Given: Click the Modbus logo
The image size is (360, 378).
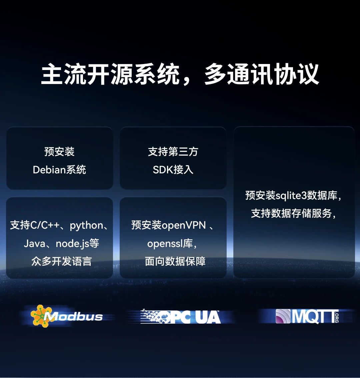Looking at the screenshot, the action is [x=67, y=316].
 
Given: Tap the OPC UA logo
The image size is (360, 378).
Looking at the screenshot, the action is [x=180, y=316].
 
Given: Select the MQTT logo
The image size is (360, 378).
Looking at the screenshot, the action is [x=307, y=316].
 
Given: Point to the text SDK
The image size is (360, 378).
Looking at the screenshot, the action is [x=163, y=170].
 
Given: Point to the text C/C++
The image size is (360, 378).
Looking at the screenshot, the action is [x=45, y=225].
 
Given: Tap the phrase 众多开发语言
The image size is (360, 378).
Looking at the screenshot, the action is [x=61, y=261].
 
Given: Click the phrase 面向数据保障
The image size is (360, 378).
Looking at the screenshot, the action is [x=175, y=261].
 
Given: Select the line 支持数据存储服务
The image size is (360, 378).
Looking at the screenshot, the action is [x=291, y=213].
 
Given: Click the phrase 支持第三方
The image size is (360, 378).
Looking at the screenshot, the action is [x=173, y=152].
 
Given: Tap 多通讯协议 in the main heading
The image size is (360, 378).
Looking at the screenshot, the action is [x=262, y=74].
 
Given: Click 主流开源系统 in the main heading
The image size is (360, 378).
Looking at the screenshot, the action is [x=110, y=74].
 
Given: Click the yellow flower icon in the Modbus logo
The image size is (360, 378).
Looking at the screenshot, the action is [x=41, y=316].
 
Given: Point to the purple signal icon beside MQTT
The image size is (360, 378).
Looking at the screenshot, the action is [x=283, y=316].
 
